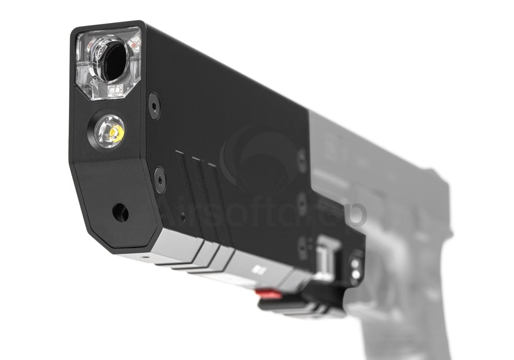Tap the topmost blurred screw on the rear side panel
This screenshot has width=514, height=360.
[x=302, y=157]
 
